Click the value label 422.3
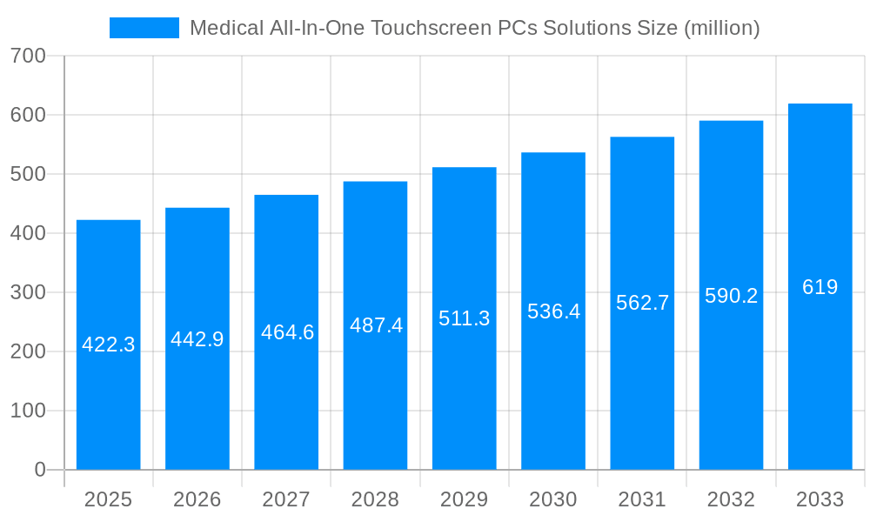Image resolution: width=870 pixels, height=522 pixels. coord(109,345)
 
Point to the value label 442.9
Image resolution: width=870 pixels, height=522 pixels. coord(197,339)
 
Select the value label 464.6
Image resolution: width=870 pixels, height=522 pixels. coord(287,332)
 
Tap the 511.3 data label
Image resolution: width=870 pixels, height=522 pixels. coord(464,318)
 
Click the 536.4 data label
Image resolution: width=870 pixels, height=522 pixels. coord(553,311)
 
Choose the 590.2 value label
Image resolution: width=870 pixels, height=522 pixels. coord(731,296)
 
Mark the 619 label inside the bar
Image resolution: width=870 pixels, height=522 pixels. coord(820,287)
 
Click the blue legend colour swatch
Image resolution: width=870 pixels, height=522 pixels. coord(144,28)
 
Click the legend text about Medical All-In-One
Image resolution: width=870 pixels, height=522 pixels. coord(474,28)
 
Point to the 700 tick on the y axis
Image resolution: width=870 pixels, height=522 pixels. coord(28,56)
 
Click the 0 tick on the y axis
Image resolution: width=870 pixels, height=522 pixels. coord(40,470)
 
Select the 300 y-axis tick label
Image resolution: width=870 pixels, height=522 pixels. coord(28,292)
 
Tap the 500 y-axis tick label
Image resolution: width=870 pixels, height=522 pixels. coord(28,174)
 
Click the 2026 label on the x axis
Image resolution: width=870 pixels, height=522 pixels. coord(197,499)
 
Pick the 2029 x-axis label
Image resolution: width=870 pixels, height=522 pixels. coord(464,499)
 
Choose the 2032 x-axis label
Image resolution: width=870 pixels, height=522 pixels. coord(731,499)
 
